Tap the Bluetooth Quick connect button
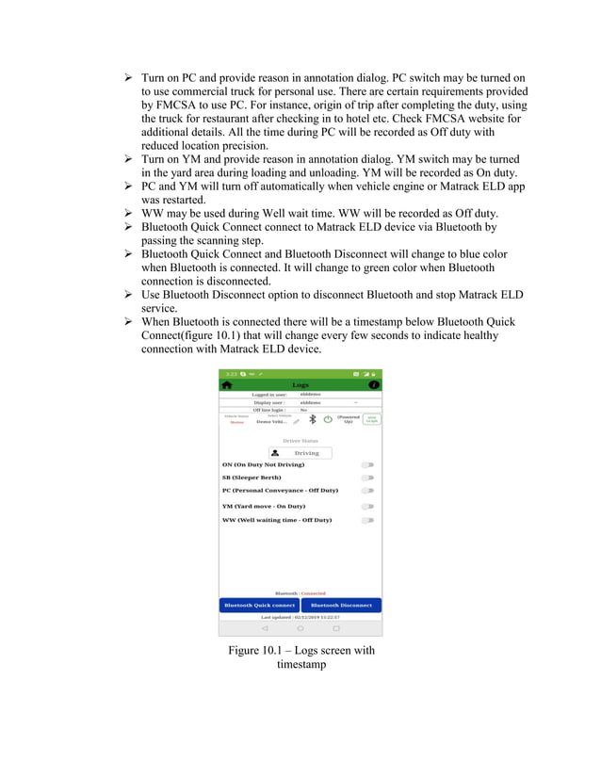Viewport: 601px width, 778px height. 260,605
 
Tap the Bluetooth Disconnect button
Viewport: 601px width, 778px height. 341,605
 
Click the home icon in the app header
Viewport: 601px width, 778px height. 227,384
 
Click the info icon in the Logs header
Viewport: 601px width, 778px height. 374,384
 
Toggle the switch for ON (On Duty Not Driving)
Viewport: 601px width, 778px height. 367,464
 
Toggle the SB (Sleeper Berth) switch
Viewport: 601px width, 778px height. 367,478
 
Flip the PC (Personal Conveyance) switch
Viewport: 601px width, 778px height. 367,491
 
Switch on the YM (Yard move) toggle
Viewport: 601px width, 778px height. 367,506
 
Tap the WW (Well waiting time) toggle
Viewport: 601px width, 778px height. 367,520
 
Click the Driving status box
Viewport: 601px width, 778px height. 300,452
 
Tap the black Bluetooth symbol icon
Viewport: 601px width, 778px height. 313,419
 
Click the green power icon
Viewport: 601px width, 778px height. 328,419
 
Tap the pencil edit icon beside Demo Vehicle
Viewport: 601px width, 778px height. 296,423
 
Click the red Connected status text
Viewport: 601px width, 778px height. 313,592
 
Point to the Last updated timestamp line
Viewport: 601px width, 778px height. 300,617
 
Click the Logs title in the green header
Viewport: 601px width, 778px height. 300,384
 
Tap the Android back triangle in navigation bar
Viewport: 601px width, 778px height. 265,628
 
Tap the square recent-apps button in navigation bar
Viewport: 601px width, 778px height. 336,628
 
